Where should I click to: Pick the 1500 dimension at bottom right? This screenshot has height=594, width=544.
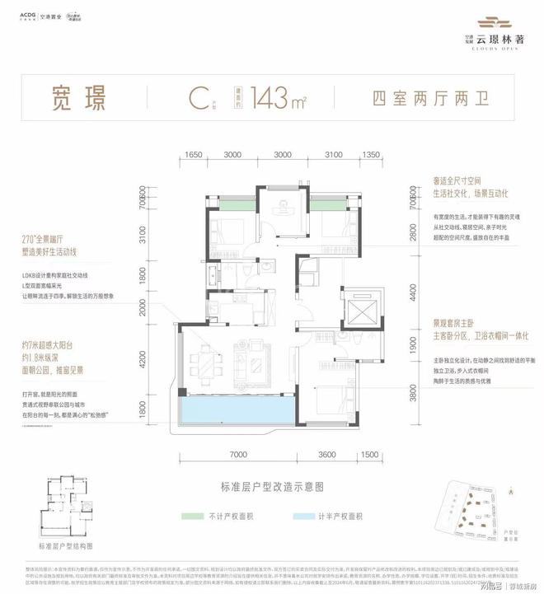pos(368,454)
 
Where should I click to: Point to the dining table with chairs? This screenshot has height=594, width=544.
pos(202,362)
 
